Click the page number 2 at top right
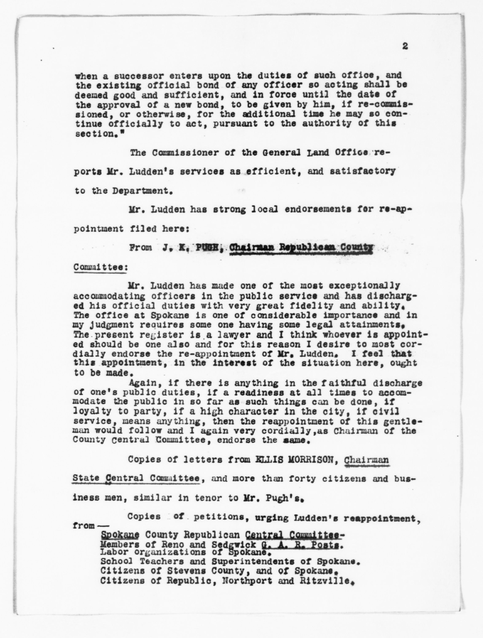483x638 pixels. coord(405,46)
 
